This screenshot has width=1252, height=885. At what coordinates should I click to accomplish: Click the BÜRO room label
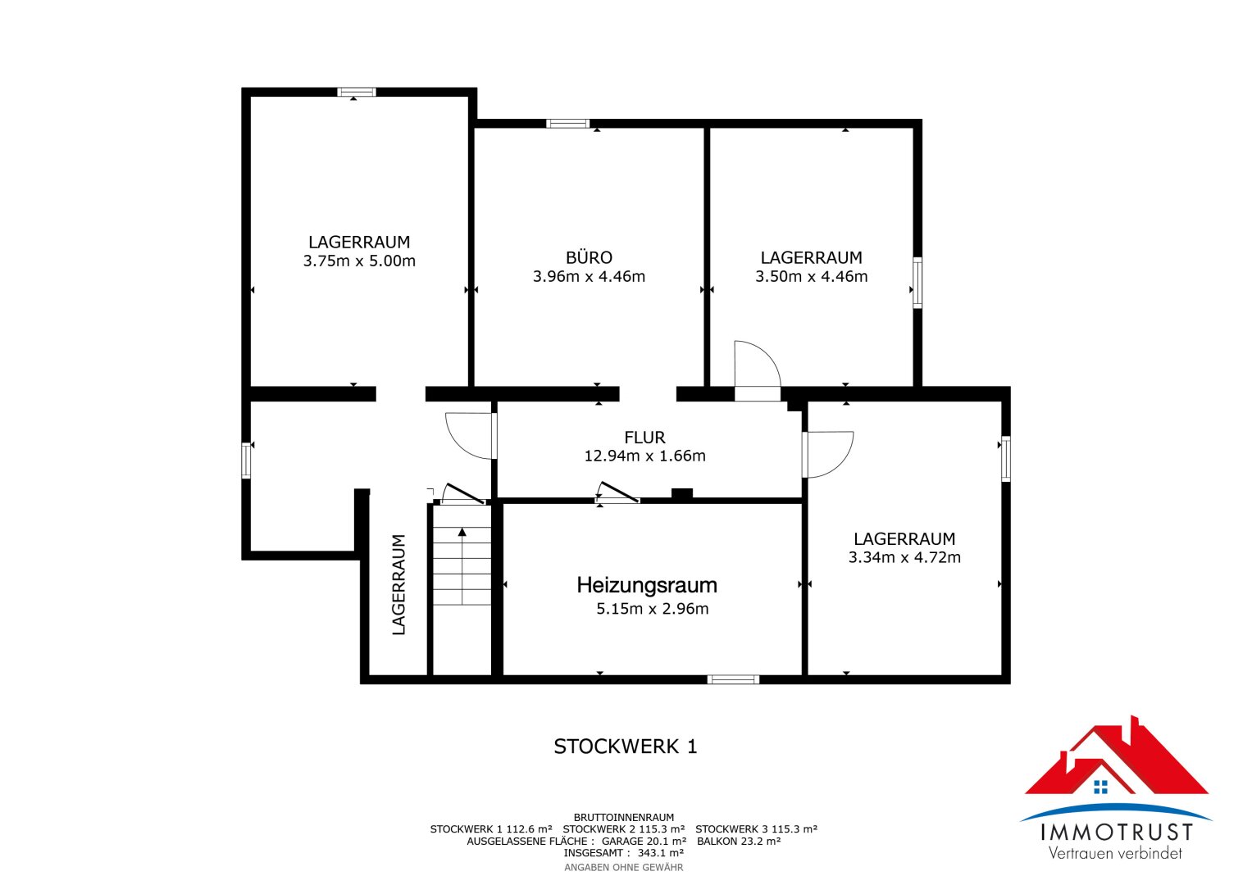pos(590,257)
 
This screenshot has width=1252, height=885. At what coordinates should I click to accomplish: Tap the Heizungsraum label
pos(647,586)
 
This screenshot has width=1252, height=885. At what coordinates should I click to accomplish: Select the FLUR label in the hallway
pos(645,437)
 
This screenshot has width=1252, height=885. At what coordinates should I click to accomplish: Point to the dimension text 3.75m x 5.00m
pos(359,261)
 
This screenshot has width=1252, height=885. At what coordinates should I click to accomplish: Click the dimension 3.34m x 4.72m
pos(904,557)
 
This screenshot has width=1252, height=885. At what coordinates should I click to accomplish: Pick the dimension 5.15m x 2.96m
pos(653,608)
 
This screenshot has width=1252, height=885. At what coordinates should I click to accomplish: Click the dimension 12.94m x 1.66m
pos(645,456)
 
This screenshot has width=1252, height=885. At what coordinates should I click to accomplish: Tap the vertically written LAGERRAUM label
pos(398,584)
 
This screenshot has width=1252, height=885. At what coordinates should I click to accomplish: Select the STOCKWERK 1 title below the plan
pos(626,747)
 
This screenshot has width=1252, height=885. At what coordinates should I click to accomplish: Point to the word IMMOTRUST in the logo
pos(1117,833)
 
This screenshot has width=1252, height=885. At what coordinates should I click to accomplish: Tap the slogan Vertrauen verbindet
pos(1116,853)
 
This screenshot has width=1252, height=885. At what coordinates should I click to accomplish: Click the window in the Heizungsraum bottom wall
pos(733,679)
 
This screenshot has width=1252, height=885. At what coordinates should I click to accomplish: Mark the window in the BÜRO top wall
pos(567,124)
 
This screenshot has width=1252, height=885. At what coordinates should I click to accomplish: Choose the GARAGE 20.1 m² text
pos(644,841)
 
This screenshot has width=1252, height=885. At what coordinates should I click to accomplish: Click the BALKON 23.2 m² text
pos(739,841)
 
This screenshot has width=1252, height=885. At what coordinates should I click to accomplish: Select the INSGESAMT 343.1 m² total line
pos(624,853)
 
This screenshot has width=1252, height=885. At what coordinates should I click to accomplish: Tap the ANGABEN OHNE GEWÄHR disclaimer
pos(624,868)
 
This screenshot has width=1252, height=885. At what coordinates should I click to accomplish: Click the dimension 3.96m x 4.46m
pos(590,277)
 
